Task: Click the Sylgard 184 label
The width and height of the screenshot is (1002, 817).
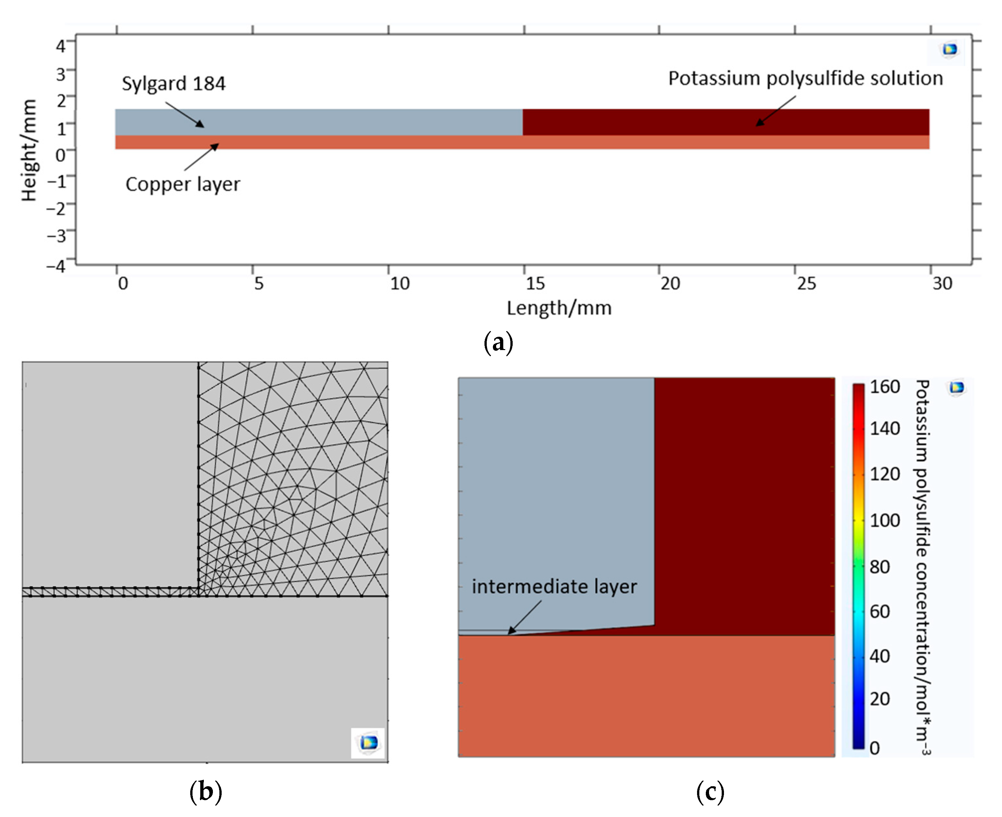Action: click(174, 84)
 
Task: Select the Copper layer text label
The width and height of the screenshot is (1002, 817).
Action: click(183, 184)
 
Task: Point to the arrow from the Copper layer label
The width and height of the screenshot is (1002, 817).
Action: click(202, 157)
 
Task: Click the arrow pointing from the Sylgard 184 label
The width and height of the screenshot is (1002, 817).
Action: click(185, 114)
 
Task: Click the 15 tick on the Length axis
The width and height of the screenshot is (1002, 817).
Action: click(535, 283)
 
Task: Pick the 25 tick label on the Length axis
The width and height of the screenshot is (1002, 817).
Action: click(806, 283)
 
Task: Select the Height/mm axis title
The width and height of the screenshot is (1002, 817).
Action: click(29, 151)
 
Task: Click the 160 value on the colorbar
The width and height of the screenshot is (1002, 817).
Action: click(885, 387)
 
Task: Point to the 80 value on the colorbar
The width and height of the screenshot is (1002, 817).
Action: click(880, 567)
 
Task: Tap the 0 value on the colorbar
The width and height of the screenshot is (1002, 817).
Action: click(874, 748)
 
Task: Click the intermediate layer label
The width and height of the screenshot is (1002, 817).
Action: click(554, 587)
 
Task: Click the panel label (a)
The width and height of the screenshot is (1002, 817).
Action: click(498, 343)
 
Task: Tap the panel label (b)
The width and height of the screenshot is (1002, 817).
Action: click(205, 792)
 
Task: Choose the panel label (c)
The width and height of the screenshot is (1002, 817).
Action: click(710, 792)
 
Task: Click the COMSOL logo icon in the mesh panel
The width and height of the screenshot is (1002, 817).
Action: click(368, 743)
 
